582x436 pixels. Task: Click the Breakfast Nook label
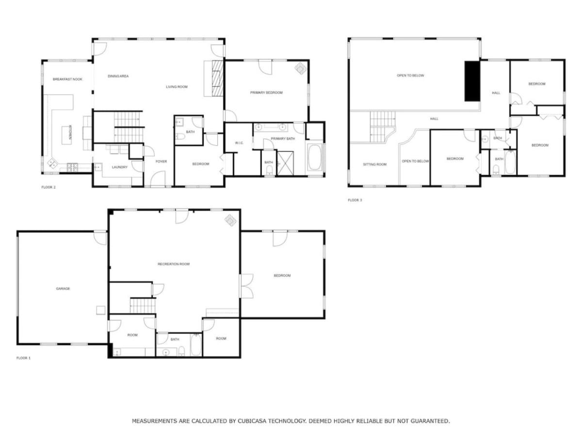[67, 79]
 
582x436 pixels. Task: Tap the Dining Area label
[118, 76]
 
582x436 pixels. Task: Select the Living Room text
[177, 87]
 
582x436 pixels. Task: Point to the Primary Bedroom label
[266, 93]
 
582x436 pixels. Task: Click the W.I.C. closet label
[239, 143]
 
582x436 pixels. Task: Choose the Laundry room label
[120, 167]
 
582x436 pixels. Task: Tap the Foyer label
[161, 161]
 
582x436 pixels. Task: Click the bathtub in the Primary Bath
[315, 157]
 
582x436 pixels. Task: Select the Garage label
[63, 289]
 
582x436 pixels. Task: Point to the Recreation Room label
[174, 264]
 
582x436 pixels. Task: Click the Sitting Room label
[374, 164]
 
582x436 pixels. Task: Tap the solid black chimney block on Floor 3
[472, 81]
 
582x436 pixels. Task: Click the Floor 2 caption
[48, 187]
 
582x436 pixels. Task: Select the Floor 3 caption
[355, 200]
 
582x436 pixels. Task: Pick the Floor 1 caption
[24, 358]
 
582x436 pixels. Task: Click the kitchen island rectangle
[66, 135]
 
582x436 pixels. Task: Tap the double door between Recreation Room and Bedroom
[246, 286]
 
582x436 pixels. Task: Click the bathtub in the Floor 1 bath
[196, 344]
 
